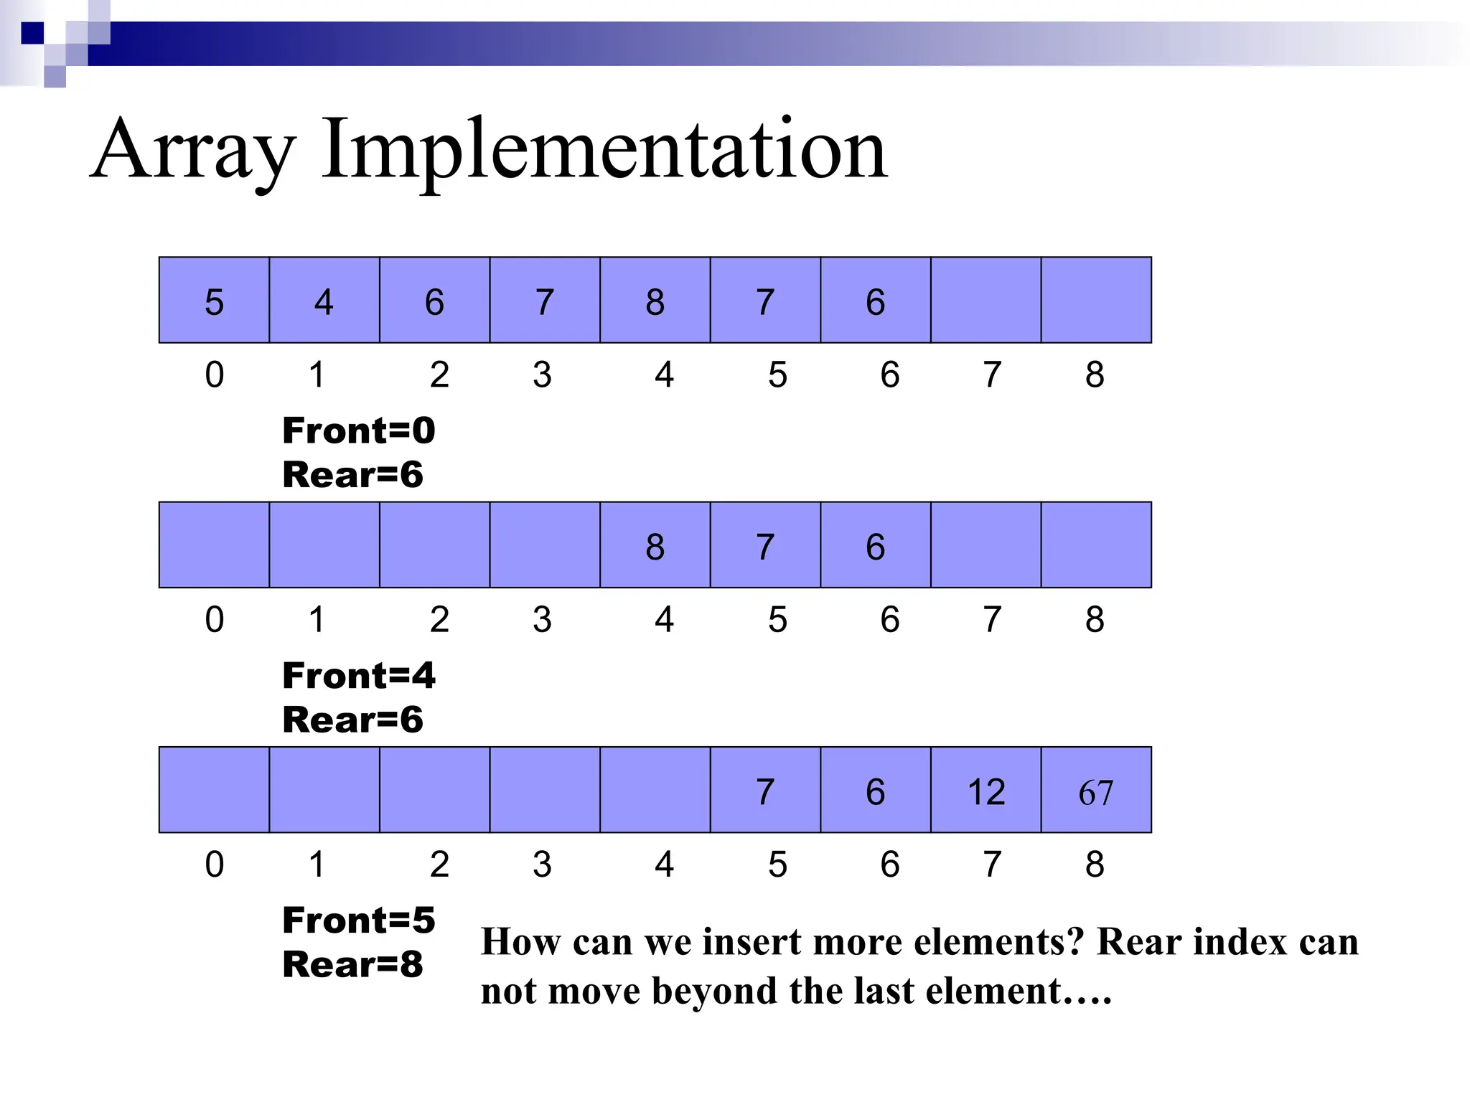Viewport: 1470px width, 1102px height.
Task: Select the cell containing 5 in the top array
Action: coord(214,301)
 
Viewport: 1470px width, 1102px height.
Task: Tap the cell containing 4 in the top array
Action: coord(324,301)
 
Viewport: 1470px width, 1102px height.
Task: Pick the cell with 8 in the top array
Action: coord(655,301)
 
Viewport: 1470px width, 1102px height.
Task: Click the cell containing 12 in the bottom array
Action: coord(986,791)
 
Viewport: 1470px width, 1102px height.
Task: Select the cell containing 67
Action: coord(1096,791)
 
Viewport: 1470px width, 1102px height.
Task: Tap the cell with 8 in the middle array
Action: coord(655,546)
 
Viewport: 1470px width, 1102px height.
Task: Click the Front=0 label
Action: coord(359,430)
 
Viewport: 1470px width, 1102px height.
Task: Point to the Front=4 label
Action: coord(359,676)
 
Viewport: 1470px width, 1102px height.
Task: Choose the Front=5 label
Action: coord(359,920)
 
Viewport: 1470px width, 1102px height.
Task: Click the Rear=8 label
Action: coord(352,964)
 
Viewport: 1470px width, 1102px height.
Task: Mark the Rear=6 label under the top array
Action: coord(352,475)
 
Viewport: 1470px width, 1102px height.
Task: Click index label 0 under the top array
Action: coord(214,375)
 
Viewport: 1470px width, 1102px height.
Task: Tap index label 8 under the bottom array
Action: coord(1095,865)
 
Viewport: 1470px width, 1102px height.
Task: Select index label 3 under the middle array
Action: coord(543,620)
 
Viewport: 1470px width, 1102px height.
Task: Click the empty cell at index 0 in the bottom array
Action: coord(214,791)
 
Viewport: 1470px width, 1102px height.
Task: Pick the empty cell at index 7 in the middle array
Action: coord(986,546)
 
